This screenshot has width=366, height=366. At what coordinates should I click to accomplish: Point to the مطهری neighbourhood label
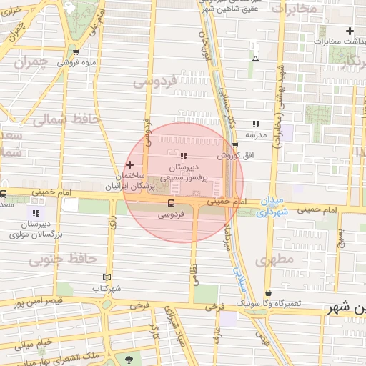tap(274, 261)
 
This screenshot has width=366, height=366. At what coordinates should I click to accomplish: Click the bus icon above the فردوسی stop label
tap(169, 203)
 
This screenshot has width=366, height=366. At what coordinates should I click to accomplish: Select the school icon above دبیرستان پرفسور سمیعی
tap(184, 155)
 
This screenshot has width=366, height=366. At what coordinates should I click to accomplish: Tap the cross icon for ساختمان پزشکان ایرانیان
tap(129, 164)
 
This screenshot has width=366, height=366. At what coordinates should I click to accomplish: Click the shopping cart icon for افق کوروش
tap(234, 146)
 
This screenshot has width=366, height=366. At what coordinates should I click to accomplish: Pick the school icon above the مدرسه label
tap(256, 124)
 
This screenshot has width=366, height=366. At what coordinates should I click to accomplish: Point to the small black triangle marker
tap(256, 59)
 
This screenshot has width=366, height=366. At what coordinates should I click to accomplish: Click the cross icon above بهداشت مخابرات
tap(349, 31)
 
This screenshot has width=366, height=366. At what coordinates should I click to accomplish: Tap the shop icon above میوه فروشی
tap(76, 52)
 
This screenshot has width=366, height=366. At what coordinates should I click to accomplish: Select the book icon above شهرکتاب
tap(107, 277)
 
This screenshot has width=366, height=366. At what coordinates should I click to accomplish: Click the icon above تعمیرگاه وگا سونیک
tap(268, 293)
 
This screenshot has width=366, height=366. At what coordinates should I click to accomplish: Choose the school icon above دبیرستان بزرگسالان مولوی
tap(36, 212)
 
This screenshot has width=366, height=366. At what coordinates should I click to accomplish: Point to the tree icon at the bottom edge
tap(129, 360)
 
